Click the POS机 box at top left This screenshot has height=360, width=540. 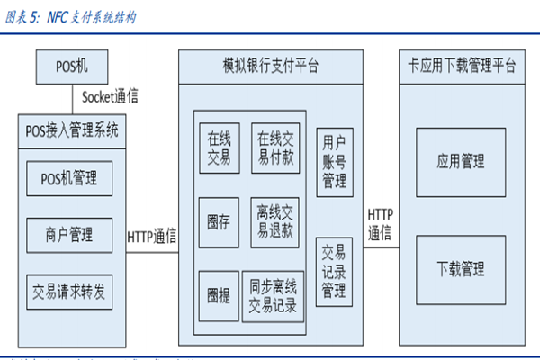click(69, 67)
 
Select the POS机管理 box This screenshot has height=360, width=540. click(69, 179)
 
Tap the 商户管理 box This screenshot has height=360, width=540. click(69, 235)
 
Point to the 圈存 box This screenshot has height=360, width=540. click(219, 222)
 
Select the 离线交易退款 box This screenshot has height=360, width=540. click(275, 222)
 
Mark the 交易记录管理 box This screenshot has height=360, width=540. click(334, 271)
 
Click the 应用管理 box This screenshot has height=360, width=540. click(461, 162)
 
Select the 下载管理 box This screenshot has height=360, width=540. click(461, 269)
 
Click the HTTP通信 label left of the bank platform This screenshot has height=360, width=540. click(151, 236)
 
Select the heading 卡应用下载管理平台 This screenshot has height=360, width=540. click(461, 67)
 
